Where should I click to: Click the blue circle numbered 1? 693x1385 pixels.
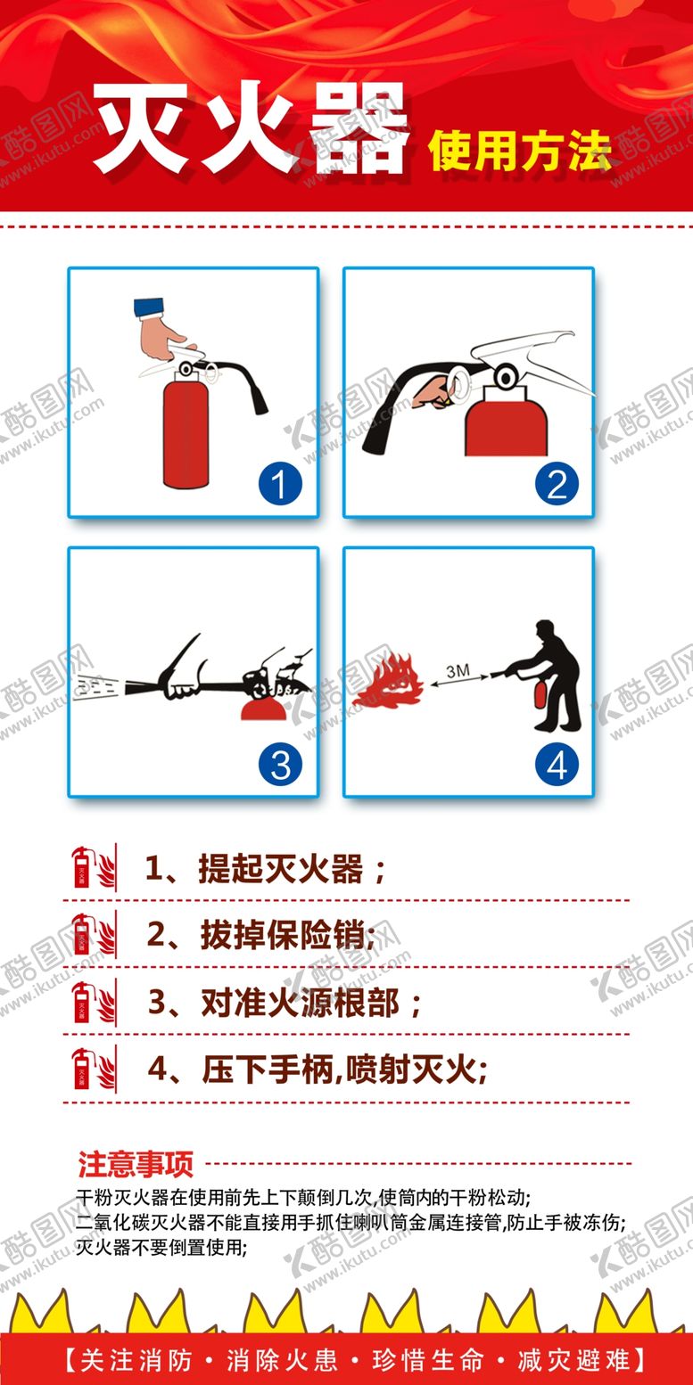pos(280,484)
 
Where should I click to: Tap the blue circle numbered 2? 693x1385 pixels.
pos(557,484)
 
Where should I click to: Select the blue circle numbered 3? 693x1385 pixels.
pos(280,764)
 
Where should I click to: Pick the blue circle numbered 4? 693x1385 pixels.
pos(557,764)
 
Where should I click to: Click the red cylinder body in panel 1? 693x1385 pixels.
pos(186,434)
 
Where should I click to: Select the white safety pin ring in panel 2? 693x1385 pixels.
pos(461,381)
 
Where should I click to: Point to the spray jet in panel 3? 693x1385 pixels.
pos(98,687)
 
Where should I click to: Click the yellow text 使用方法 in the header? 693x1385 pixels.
pos(520,151)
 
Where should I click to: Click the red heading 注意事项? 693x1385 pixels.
pos(136,1164)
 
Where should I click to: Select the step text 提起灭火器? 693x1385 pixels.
pos(280,869)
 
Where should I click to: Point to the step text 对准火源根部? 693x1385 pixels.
pos(300,1003)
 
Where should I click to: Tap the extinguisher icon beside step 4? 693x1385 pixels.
pos(94,1069)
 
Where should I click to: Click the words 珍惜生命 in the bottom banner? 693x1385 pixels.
pos(428,1360)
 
